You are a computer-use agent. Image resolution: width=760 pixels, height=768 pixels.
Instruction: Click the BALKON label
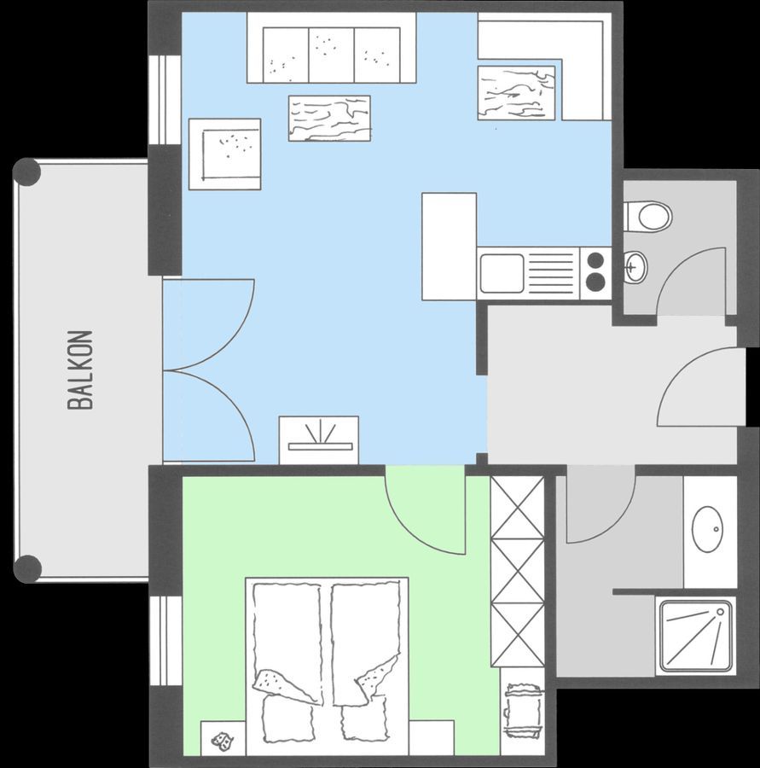pyautogui.click(x=80, y=369)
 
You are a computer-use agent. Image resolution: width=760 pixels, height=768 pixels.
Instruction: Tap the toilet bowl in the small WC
pyautogui.click(x=655, y=216)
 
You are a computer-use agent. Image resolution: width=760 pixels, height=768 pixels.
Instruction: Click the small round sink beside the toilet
pyautogui.click(x=635, y=267)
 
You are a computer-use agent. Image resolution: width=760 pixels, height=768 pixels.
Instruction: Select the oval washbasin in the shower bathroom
pyautogui.click(x=708, y=529)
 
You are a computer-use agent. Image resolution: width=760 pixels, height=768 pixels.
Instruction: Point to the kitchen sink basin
pyautogui.click(x=502, y=273)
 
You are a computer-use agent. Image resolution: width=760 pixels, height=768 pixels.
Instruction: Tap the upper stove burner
pyautogui.click(x=595, y=259)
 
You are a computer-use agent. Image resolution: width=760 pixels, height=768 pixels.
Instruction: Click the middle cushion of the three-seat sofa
pyautogui.click(x=332, y=55)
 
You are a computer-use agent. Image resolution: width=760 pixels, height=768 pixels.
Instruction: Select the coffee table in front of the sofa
pyautogui.click(x=329, y=119)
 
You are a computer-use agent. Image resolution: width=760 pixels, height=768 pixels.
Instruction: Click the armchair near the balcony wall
pyautogui.click(x=225, y=154)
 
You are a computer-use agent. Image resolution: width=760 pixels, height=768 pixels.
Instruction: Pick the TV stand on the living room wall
pyautogui.click(x=319, y=439)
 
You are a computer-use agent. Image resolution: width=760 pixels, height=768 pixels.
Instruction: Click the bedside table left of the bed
pyautogui.click(x=223, y=738)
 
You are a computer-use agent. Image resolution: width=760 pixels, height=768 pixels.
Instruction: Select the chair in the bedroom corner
pyautogui.click(x=523, y=710)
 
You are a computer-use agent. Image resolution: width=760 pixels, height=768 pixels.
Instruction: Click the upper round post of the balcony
pyautogui.click(x=26, y=172)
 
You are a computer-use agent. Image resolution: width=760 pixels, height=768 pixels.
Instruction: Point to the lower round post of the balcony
pyautogui.click(x=26, y=569)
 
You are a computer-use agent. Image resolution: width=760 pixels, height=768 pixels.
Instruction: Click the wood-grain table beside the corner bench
pyautogui.click(x=516, y=93)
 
